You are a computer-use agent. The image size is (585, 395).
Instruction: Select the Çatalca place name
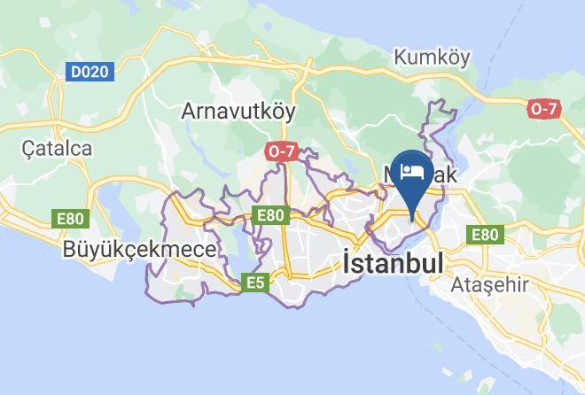[x=58, y=148]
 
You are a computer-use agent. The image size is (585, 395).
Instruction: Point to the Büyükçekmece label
[x=139, y=250]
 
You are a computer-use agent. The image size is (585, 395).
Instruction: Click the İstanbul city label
[x=392, y=263]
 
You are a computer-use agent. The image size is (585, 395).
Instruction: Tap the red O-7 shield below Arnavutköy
[x=281, y=151]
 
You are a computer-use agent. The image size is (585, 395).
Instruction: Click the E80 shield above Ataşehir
[x=485, y=235]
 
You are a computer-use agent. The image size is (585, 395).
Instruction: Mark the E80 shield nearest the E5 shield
[x=269, y=214]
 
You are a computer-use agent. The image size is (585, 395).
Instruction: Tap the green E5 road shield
[x=256, y=283]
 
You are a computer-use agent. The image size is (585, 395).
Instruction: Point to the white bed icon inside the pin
[x=412, y=171]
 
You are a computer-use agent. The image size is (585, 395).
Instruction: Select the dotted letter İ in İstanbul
[x=347, y=262]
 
